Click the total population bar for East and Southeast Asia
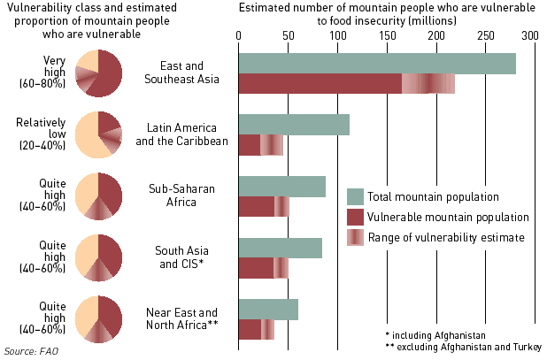pyautogui.click(x=376, y=64)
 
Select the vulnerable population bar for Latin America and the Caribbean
pyautogui.click(x=250, y=144)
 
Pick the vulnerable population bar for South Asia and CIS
pyautogui.click(x=256, y=267)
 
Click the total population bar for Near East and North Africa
pyautogui.click(x=268, y=310)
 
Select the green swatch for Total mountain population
pyautogui.click(x=356, y=196)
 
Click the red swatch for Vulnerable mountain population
pyautogui.click(x=356, y=217)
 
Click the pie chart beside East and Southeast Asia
pyautogui.click(x=98, y=73)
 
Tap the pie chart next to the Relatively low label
pyautogui.click(x=98, y=134)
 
